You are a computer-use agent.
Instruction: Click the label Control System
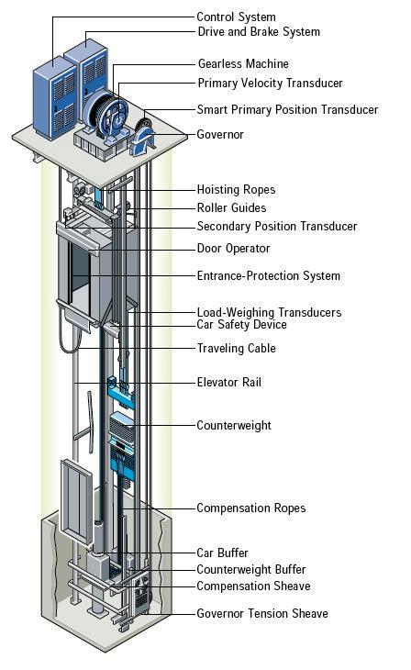236,17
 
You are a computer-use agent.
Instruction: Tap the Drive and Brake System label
259,32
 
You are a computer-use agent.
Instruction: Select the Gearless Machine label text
243,64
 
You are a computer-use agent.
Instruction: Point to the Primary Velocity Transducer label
270,84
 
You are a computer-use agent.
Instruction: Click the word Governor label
221,135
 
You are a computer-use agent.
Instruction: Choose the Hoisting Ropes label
236,190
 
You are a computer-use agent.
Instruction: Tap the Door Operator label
234,249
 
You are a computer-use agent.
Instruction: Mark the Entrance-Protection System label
268,276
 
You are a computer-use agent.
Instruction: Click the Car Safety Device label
241,325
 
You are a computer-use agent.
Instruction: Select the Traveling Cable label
236,349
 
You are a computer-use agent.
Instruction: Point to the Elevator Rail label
228,382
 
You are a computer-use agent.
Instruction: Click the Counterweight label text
234,426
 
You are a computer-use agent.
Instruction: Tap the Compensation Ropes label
250,508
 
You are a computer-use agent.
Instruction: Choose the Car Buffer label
222,553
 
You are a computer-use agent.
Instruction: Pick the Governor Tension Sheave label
262,613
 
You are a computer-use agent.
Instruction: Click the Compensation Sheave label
253,586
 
